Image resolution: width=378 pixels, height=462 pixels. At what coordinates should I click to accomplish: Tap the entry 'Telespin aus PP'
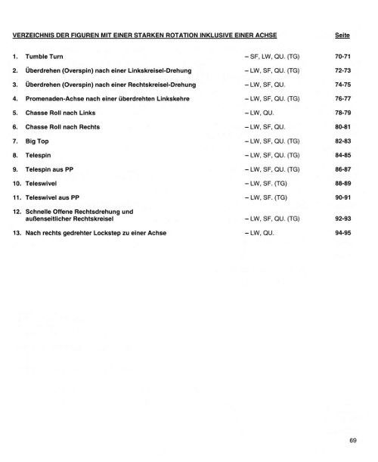(x=52, y=168)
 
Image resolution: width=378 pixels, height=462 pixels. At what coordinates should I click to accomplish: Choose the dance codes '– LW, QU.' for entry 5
(x=259, y=112)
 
